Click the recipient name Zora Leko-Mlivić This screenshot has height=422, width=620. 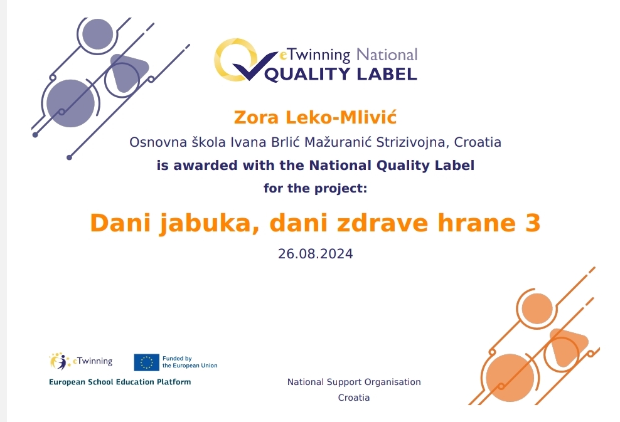[x=315, y=118]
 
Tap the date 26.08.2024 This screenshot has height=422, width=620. [x=315, y=254]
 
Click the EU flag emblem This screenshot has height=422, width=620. [x=146, y=362]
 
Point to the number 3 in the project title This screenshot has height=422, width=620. [x=533, y=223]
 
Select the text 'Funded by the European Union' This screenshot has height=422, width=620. [x=190, y=362]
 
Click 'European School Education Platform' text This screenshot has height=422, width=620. [x=120, y=382]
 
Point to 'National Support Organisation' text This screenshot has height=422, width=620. [x=354, y=382]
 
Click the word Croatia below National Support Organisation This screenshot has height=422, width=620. [x=354, y=398]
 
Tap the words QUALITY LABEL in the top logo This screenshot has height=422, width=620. [x=341, y=74]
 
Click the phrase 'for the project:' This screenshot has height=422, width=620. [x=315, y=189]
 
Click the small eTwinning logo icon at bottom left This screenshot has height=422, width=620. [x=60, y=361]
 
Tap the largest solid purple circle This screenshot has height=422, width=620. [x=70, y=103]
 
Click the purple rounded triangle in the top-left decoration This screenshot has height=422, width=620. [x=129, y=72]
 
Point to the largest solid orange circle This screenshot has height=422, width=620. [x=510, y=377]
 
